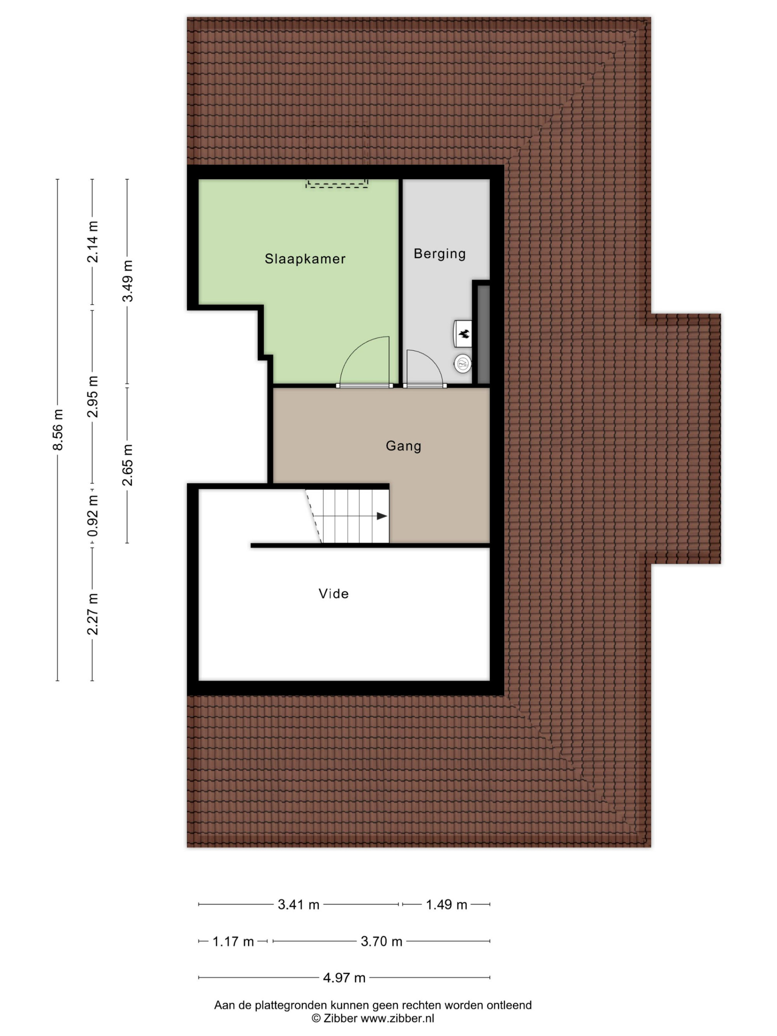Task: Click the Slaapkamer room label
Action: [x=305, y=259]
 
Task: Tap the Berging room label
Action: [x=439, y=254]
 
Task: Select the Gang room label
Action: [x=403, y=446]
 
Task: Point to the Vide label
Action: [x=333, y=594]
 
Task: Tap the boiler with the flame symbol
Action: [x=463, y=333]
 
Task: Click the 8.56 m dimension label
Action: [x=57, y=430]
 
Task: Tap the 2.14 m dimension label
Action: [x=93, y=242]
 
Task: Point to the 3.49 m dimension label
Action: [x=127, y=281]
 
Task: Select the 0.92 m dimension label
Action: [x=93, y=515]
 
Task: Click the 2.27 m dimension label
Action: [x=93, y=614]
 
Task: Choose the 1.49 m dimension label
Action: [x=446, y=904]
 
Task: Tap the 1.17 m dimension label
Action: [x=233, y=941]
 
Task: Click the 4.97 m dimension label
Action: [x=344, y=977]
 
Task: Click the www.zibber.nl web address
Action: [x=397, y=1018]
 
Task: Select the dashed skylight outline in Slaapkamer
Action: [x=337, y=184]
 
